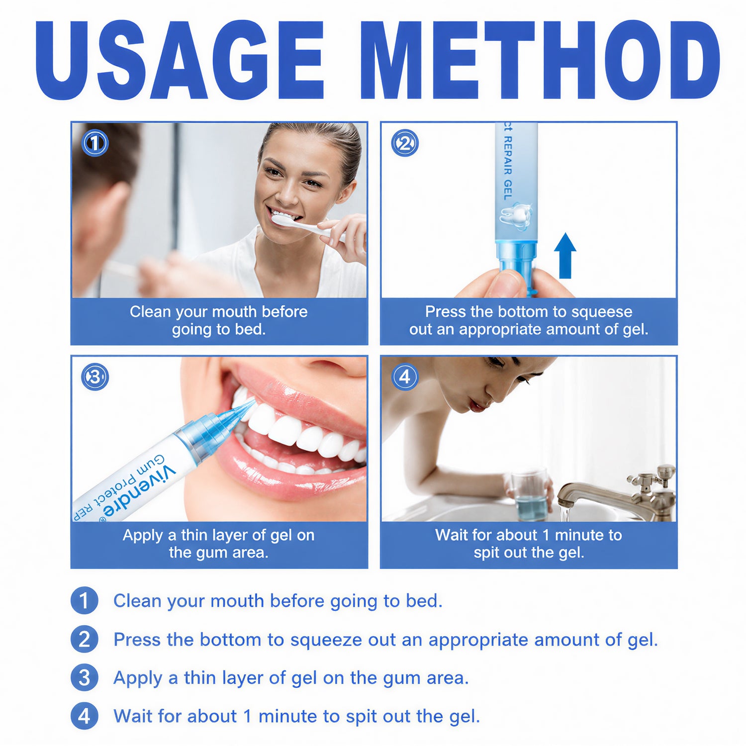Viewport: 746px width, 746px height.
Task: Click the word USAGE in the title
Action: coord(180,60)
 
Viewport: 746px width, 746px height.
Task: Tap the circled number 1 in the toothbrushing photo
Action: coord(94,143)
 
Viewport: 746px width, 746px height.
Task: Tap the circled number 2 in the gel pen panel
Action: coord(405,143)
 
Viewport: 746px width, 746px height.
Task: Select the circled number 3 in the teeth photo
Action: coord(94,377)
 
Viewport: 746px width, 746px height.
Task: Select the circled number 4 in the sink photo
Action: coord(405,377)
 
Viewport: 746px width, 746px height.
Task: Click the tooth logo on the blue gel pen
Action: coord(516,217)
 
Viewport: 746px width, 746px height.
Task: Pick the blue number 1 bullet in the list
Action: coord(84,601)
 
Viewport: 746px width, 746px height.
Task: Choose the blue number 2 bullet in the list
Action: coord(84,639)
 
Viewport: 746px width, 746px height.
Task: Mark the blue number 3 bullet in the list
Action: coord(84,677)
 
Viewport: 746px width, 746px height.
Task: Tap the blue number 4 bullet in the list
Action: coord(84,716)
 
